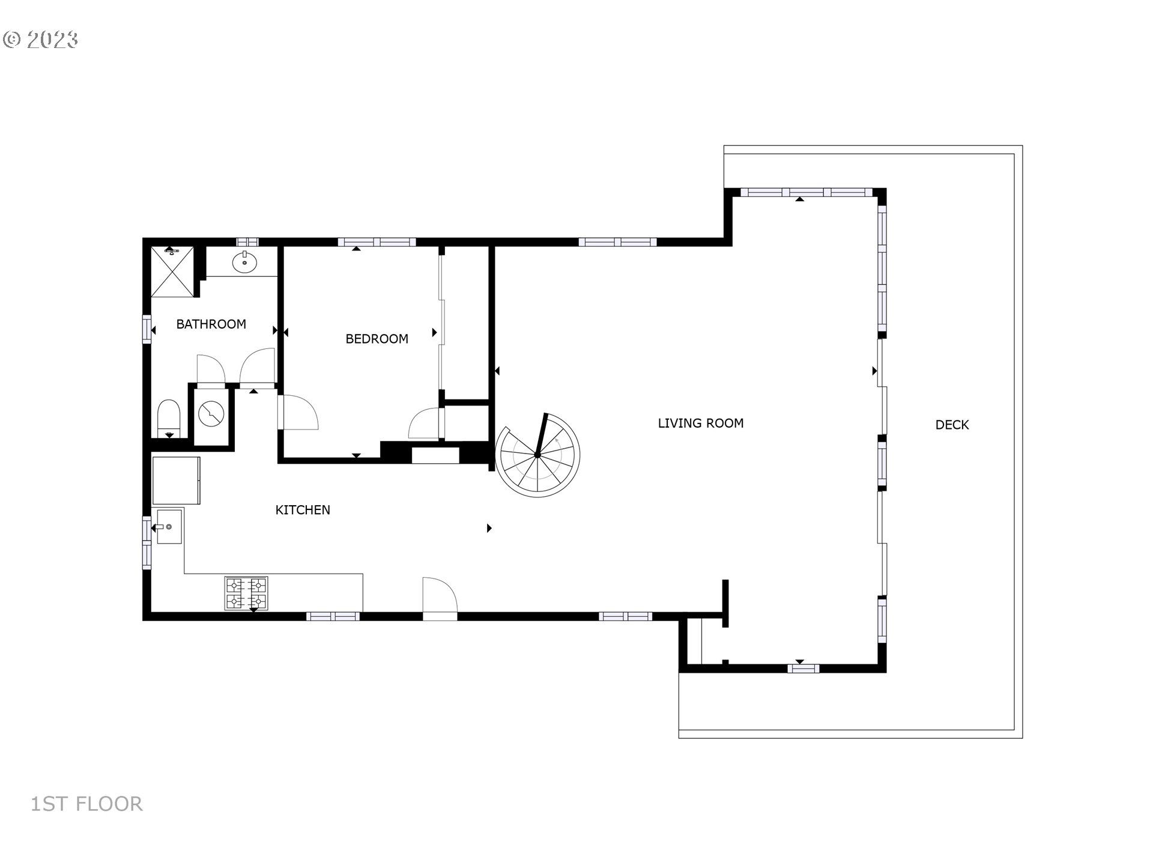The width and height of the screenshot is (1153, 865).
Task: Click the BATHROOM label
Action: click(x=211, y=324)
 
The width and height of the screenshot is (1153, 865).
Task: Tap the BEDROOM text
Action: click(x=377, y=339)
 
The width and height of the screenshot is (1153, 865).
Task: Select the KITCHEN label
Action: click(x=303, y=510)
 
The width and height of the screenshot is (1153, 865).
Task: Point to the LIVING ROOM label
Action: click(x=701, y=423)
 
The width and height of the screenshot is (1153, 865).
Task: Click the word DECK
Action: click(x=952, y=425)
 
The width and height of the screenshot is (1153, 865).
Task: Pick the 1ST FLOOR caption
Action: click(x=86, y=804)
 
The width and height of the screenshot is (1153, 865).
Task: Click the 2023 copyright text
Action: click(x=41, y=40)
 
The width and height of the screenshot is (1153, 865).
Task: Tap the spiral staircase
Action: click(x=537, y=455)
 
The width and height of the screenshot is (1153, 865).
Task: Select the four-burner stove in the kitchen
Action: click(x=246, y=593)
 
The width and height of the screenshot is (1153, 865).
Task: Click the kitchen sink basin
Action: click(x=169, y=526)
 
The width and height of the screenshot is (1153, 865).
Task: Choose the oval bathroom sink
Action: click(x=245, y=263)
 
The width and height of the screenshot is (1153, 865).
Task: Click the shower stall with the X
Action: click(x=173, y=272)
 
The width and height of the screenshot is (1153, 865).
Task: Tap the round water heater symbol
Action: click(x=211, y=414)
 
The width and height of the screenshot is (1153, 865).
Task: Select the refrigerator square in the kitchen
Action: click(x=176, y=481)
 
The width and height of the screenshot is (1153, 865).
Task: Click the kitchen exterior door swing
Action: click(x=440, y=598)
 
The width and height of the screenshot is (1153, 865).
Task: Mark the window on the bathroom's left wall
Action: click(x=147, y=329)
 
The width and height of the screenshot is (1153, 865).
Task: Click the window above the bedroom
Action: click(x=377, y=242)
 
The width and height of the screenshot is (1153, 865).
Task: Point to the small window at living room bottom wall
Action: click(x=803, y=668)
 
